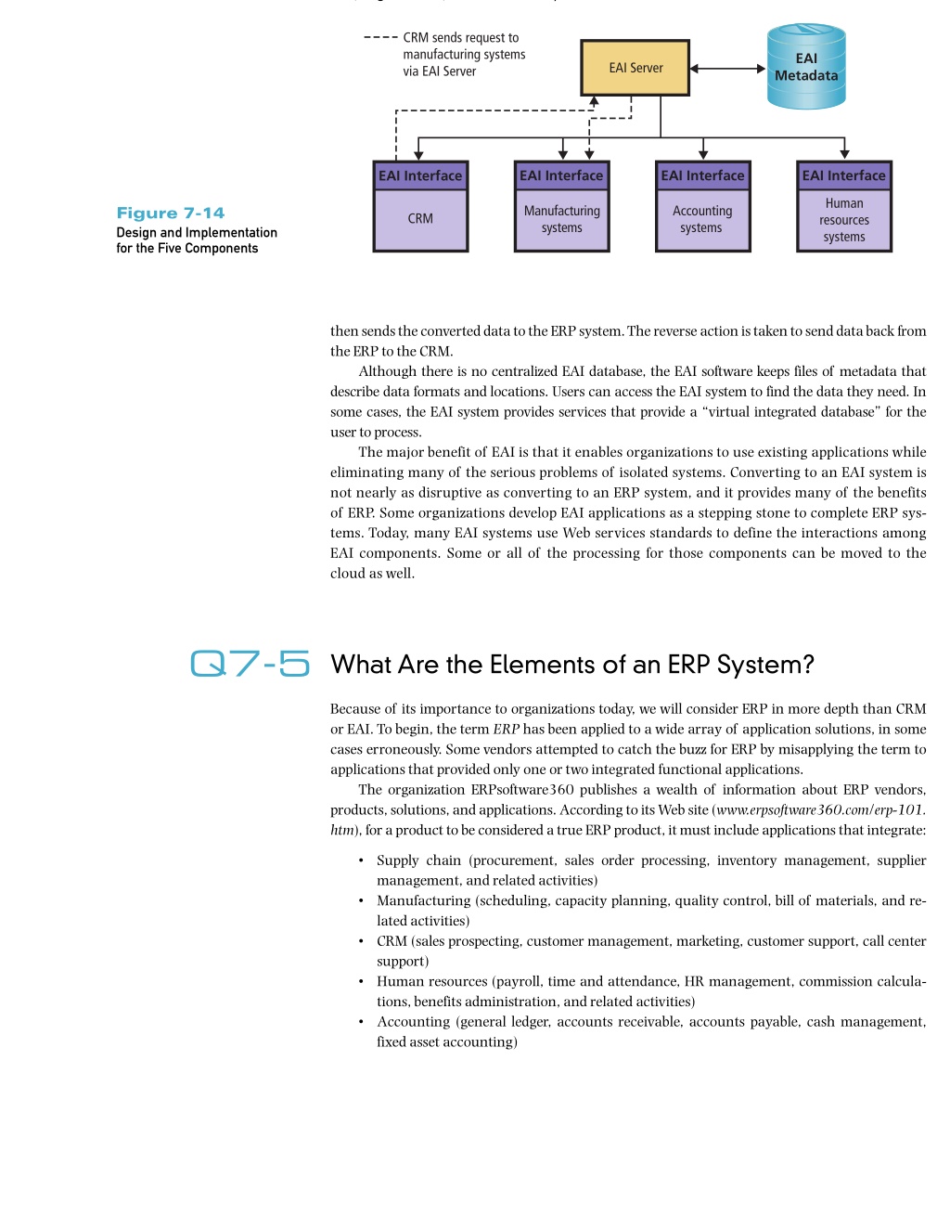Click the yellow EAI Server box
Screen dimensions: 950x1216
[635, 68]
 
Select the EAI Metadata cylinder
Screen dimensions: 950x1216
[806, 66]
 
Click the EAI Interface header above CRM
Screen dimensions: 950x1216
[420, 175]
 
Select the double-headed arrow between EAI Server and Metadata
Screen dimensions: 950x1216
[727, 69]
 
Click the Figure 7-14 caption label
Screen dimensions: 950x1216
[171, 213]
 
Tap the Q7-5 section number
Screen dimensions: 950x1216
[250, 663]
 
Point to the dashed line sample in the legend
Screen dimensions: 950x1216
[380, 37]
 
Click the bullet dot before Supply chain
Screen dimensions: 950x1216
[361, 860]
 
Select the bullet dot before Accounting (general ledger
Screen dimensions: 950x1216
[361, 1022]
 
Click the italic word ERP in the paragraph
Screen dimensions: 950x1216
[506, 730]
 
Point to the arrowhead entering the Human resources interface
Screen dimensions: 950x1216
[844, 154]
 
